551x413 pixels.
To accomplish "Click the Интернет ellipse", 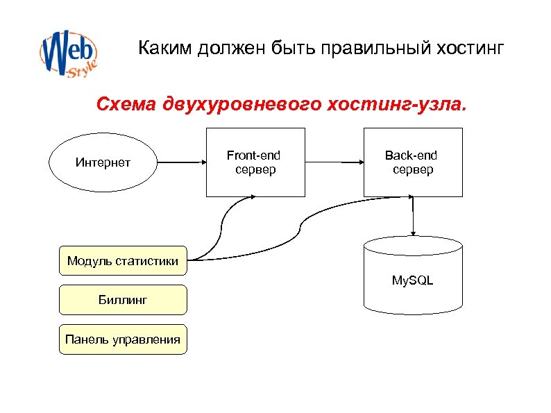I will pos(103,163).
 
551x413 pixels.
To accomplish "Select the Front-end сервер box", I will pos(255,163).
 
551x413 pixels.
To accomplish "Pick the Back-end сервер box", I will pos(413,163).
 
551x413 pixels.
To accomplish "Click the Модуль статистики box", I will pos(123,261).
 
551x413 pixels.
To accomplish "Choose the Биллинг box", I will pos(123,300).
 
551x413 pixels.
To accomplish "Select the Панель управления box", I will pos(123,339).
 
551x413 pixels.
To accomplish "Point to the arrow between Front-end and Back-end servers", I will pos(334,163).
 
